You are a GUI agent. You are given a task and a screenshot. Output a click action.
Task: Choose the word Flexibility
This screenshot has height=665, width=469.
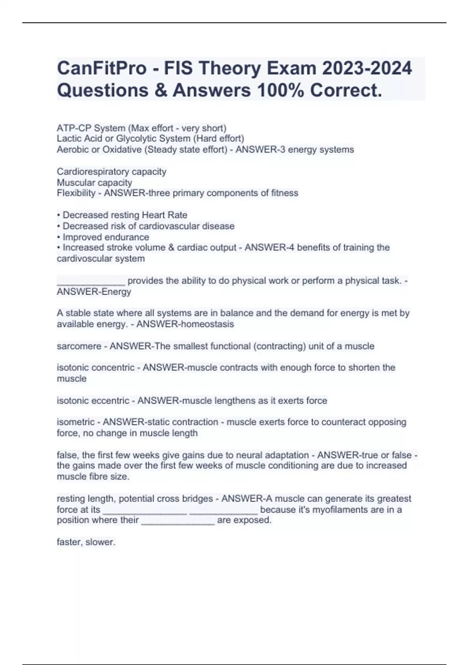tap(76, 193)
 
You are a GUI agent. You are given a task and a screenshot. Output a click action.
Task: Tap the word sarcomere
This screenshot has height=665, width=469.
tap(79, 346)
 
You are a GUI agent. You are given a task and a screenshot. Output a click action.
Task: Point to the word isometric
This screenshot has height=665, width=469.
tap(75, 422)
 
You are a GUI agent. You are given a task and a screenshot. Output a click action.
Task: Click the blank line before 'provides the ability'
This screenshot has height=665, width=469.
tap(91, 282)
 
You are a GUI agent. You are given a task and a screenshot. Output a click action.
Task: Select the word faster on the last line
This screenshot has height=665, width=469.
tap(69, 543)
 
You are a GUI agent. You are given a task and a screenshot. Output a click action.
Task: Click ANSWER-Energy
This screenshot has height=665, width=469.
tap(94, 292)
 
